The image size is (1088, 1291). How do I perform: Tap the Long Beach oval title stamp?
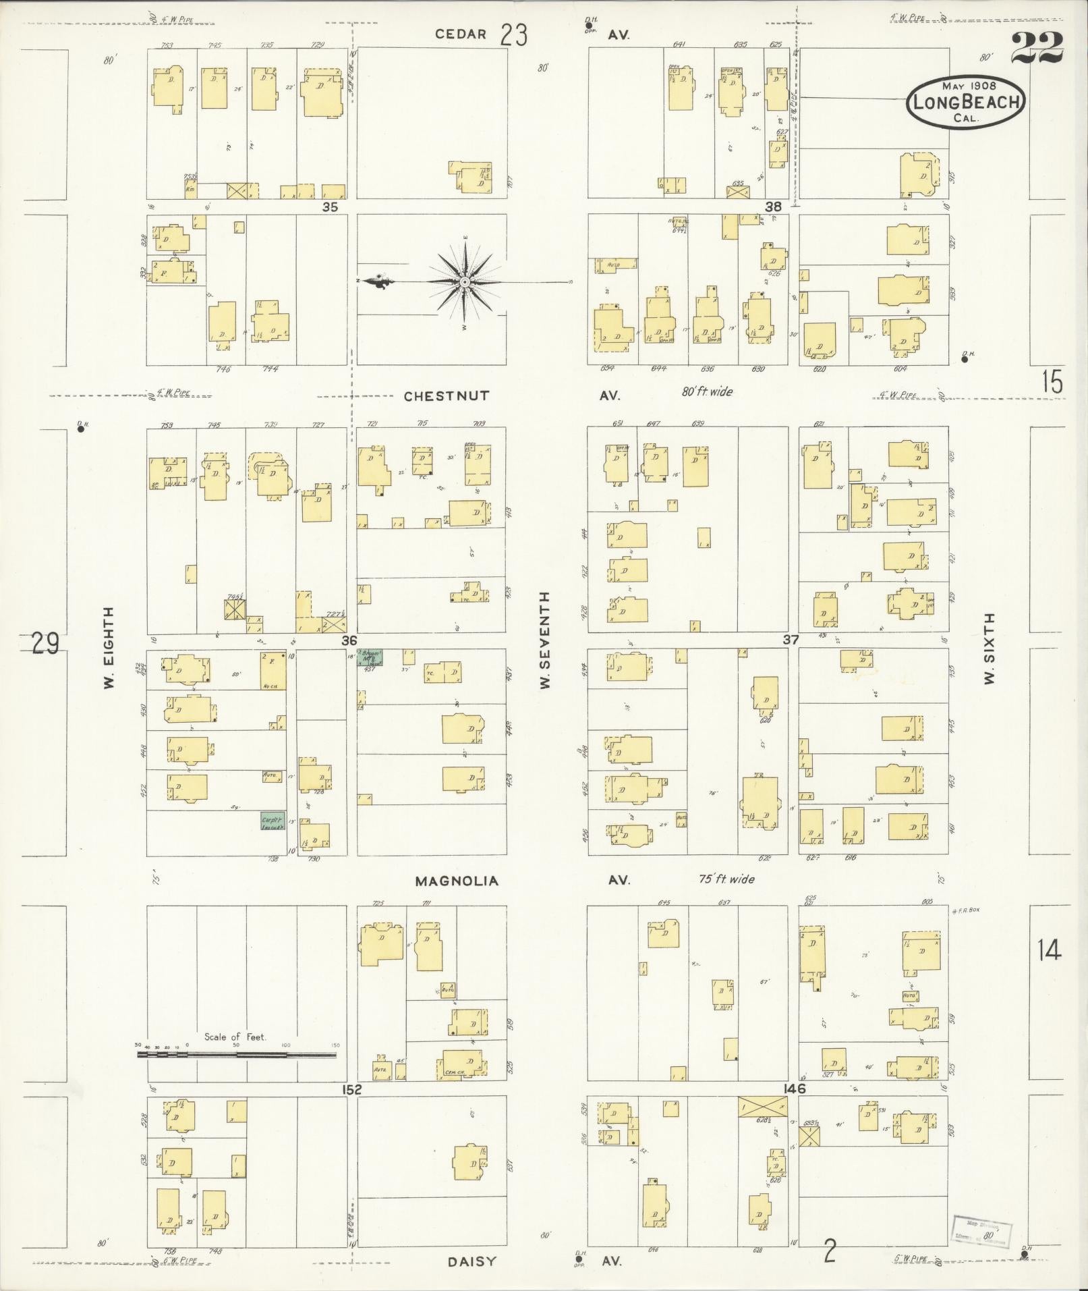tap(965, 101)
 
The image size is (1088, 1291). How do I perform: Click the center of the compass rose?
tap(465, 281)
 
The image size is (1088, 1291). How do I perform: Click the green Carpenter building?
tap(273, 820)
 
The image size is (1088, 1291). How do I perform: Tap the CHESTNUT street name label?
tap(446, 396)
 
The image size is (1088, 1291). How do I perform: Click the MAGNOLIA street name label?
tap(457, 881)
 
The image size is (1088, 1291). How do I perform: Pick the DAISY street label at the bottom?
tap(471, 1261)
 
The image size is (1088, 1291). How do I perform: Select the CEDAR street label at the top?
tap(461, 34)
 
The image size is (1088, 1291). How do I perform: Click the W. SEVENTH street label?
tap(545, 640)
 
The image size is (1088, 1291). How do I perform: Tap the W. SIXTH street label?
tap(989, 649)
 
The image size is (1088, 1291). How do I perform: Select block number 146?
tap(794, 1089)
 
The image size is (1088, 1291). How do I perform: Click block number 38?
tap(773, 207)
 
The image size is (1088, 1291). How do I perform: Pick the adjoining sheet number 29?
tap(45, 644)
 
